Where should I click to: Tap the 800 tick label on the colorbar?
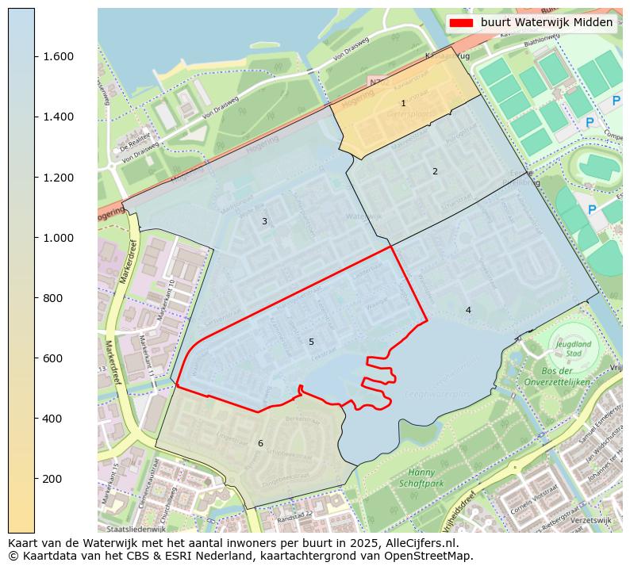coord(57,298)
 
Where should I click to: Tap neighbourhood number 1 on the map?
coord(403,104)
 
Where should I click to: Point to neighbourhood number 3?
coord(264,222)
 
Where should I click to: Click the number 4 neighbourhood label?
coord(468,310)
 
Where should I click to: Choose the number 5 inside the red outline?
coord(311,342)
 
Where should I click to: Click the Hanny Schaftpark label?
coord(421,477)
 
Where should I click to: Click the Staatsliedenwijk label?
coord(136,529)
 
